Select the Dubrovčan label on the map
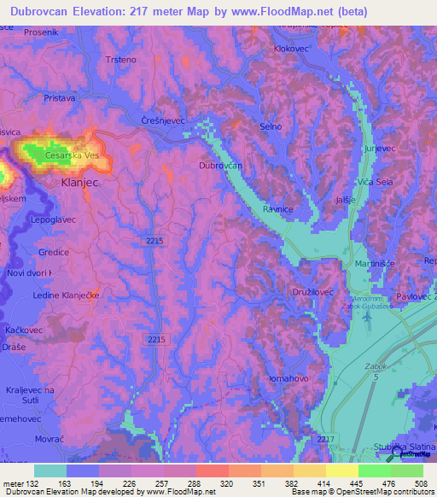[220, 166]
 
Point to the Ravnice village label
[278, 208]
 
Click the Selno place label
[270, 126]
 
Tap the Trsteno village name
[120, 60]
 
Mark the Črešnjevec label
[163, 122]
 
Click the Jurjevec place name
[379, 148]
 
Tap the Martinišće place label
[374, 264]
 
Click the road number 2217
[325, 439]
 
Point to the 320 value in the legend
[225, 483]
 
